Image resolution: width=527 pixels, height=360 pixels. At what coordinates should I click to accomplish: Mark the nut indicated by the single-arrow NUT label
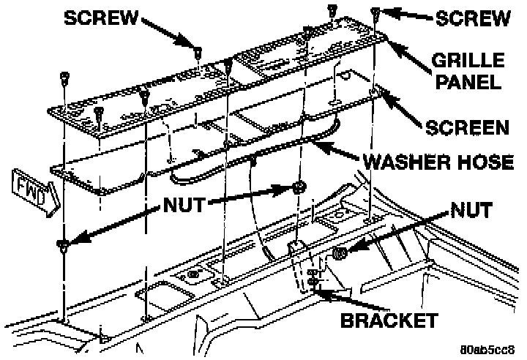tap(340, 254)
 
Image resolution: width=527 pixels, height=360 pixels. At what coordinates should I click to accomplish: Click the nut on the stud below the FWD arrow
tap(64, 244)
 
